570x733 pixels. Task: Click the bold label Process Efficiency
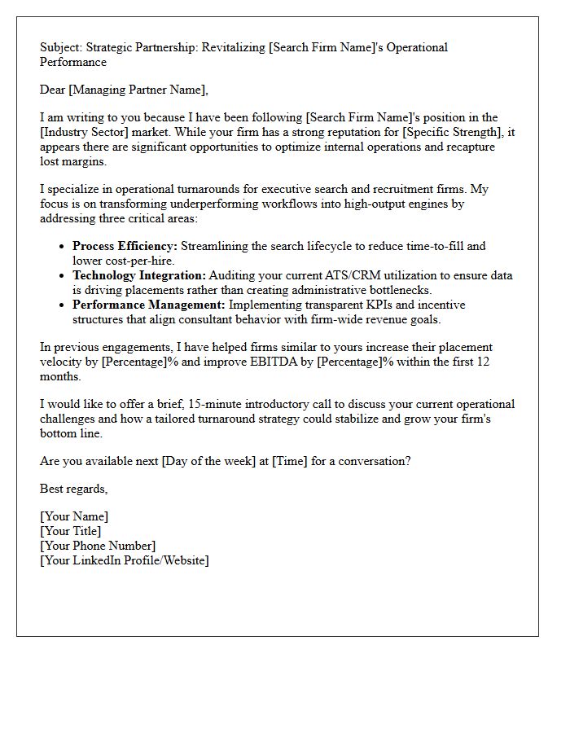[x=125, y=246]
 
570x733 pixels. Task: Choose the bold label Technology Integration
[x=139, y=275]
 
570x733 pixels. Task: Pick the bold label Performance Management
[x=148, y=305]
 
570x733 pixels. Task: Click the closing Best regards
[x=73, y=489]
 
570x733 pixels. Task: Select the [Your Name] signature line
[x=74, y=516]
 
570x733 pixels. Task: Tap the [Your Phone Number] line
[x=98, y=546]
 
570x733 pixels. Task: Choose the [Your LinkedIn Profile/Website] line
[x=124, y=560]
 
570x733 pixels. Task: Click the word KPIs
[x=370, y=305]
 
